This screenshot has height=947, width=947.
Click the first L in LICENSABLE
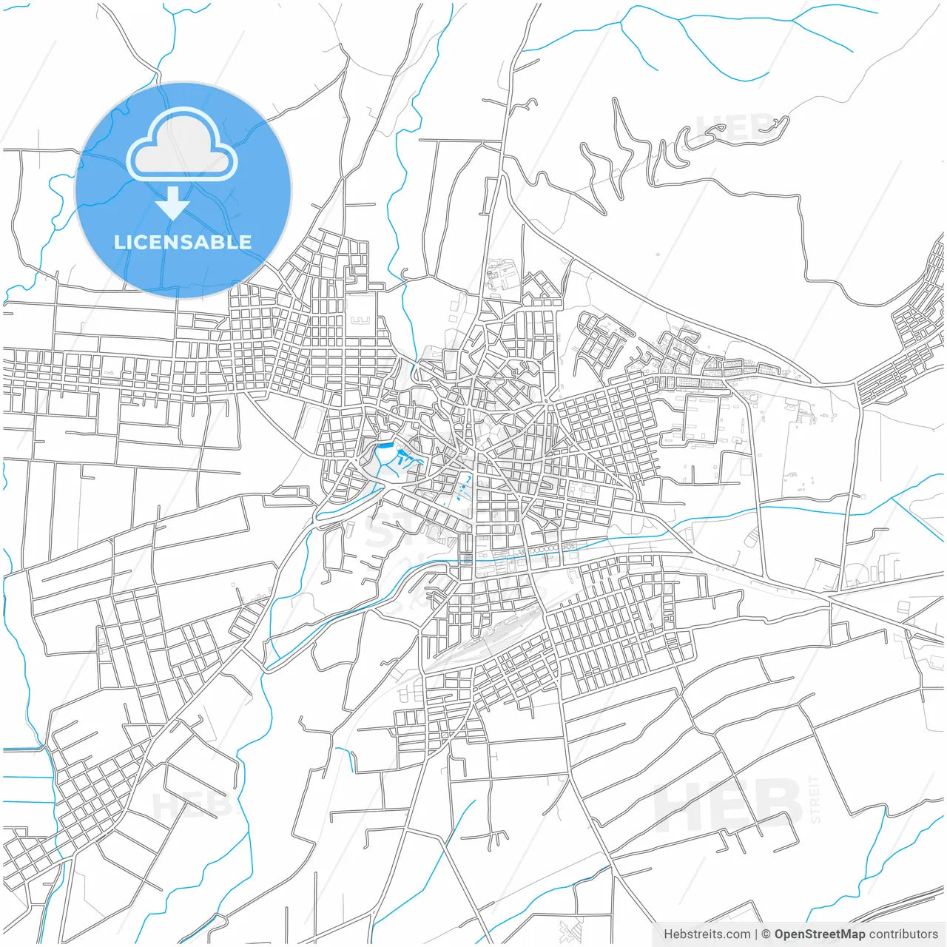coord(120,243)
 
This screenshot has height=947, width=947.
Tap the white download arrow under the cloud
coord(173,203)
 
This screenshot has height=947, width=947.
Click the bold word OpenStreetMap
coord(820,934)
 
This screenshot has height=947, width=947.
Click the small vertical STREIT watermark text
coord(815,800)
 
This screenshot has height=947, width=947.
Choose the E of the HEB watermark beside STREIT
coord(729,803)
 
